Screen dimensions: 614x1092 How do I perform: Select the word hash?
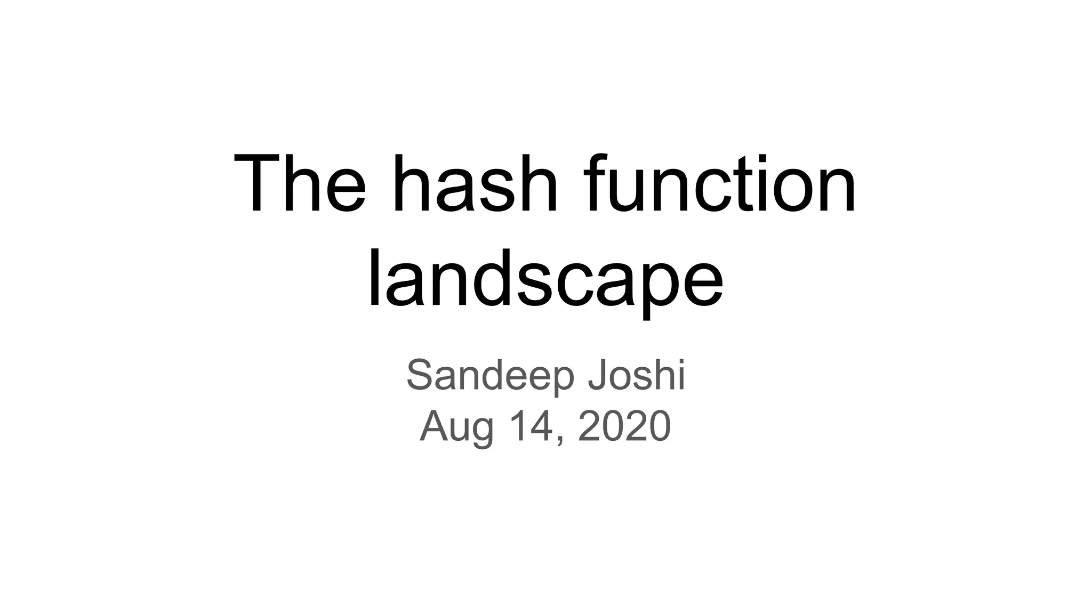(475, 184)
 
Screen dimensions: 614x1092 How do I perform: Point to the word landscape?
(545, 280)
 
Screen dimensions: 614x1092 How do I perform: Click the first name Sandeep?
(491, 376)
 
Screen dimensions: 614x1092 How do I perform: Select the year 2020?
(624, 426)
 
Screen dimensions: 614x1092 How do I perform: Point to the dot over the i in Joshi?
(680, 360)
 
